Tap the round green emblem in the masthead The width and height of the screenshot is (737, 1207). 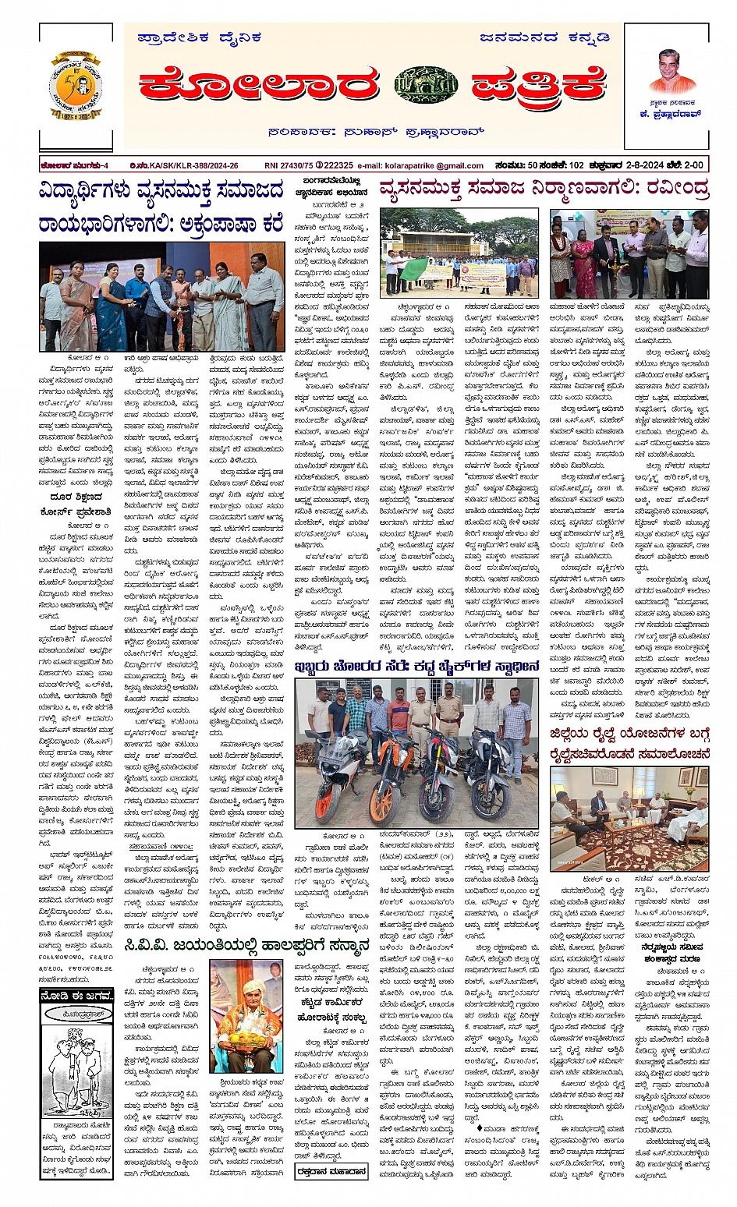tap(426, 84)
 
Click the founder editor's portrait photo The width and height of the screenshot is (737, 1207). tap(671, 73)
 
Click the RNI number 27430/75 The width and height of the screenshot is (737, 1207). tap(289, 165)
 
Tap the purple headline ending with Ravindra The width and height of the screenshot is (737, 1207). tap(544, 189)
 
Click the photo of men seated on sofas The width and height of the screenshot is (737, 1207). tap(629, 819)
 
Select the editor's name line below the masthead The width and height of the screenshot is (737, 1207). tap(375, 133)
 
